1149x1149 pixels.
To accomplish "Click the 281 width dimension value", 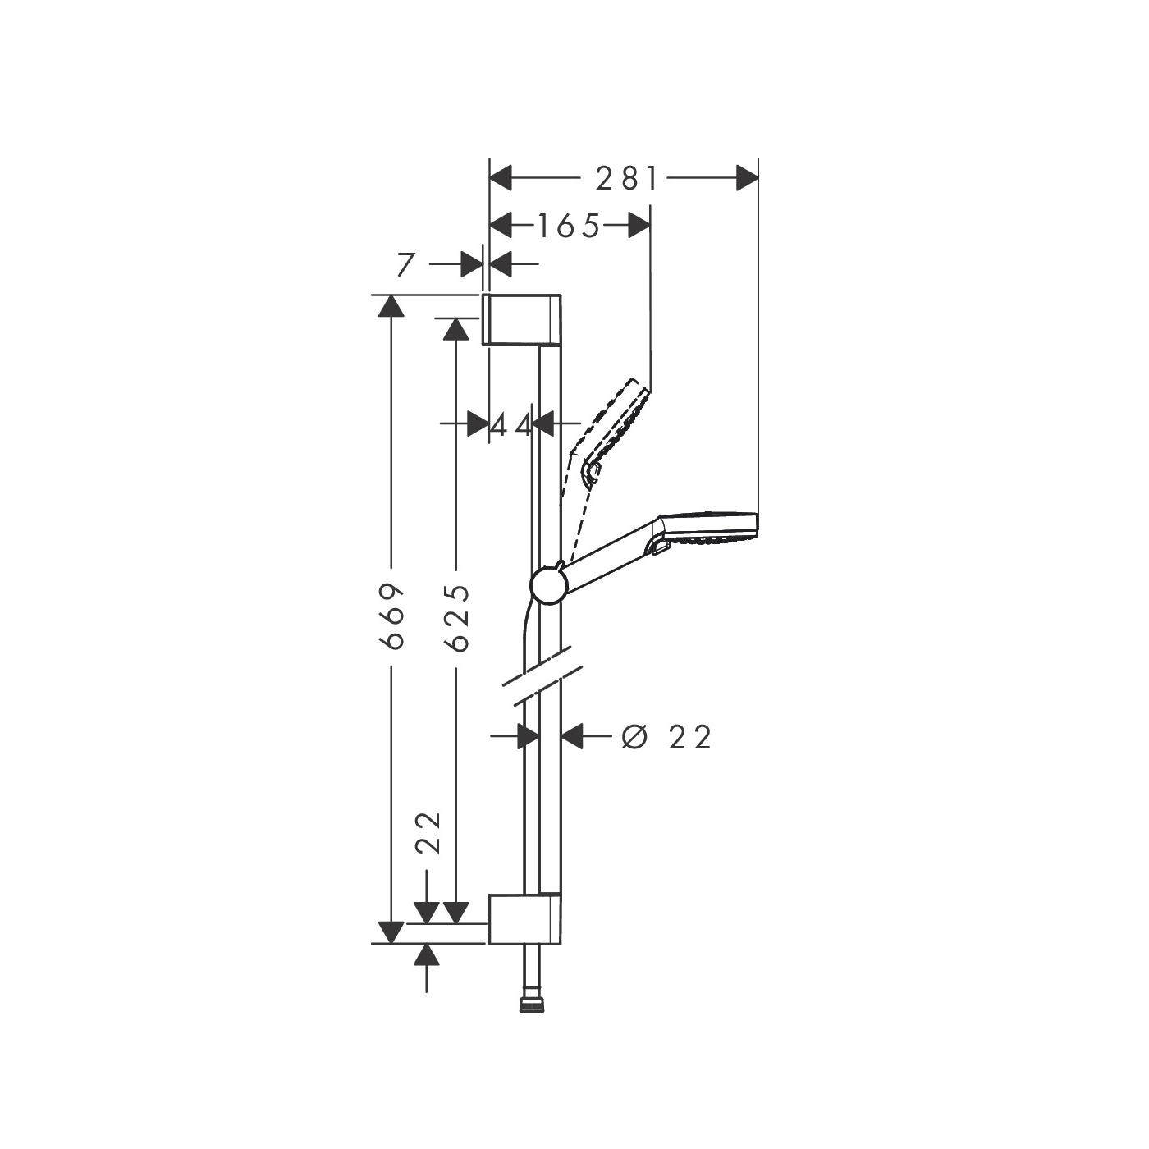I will coord(627,178).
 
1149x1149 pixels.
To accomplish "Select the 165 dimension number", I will coord(569,226).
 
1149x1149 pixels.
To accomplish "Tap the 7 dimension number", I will coord(405,265).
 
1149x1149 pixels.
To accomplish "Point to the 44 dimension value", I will coord(511,425).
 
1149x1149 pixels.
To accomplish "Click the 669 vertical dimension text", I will coord(394,616).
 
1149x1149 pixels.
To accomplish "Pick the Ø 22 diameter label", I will coord(666,737).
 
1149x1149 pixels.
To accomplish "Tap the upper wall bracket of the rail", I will coord(522,318).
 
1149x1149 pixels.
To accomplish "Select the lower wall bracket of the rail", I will coord(525,918).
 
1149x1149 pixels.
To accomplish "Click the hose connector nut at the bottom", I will coord(531,1004).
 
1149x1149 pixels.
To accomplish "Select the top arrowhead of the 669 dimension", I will coord(391,305).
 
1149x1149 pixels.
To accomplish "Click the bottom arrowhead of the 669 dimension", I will coord(391,932).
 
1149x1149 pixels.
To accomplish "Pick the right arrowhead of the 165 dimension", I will coord(639,226).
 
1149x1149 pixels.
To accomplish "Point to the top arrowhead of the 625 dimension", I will coord(455,329).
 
